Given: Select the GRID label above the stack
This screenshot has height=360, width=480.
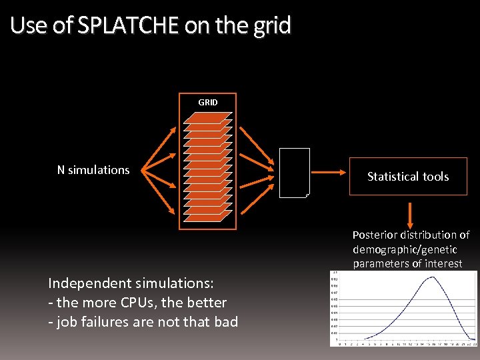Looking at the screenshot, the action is [208, 102].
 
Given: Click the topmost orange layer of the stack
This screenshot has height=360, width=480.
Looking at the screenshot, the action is [207, 116].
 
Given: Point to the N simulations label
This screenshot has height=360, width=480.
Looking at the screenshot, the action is [93, 170].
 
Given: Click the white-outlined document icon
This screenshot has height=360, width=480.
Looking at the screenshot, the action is [294, 173].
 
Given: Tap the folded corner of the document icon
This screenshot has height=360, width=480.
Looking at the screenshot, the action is [307, 195].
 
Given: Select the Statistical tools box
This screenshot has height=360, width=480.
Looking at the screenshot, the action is [408, 176].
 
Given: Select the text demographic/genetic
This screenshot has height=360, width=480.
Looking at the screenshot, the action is [405, 249].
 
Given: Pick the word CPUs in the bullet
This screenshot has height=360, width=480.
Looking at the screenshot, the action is [143, 302].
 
